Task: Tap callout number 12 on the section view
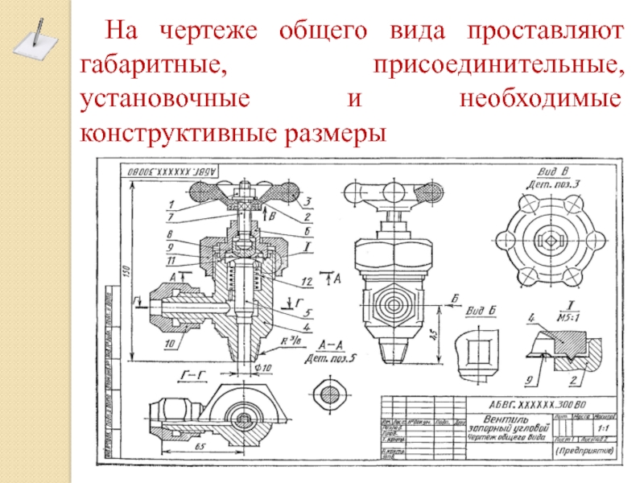[x=306, y=281]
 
